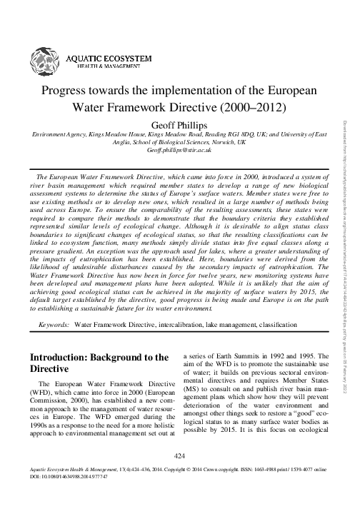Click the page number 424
(x=180, y=474)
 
